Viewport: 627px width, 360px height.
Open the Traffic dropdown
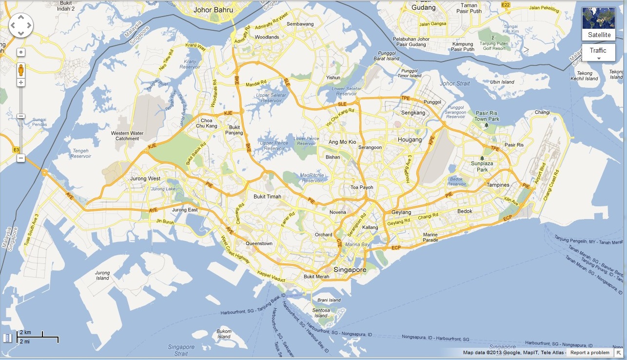tap(598, 52)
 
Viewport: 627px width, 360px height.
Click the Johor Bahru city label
tap(213, 9)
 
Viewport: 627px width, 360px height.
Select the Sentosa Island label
tap(321, 312)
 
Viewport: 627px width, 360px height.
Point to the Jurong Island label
tap(102, 275)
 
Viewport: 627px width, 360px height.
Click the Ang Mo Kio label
tap(342, 142)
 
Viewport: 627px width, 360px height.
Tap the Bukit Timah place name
tap(267, 197)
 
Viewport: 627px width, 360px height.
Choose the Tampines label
tap(498, 185)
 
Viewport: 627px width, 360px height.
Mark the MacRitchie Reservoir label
tap(313, 178)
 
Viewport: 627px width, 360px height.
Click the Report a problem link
tap(589, 353)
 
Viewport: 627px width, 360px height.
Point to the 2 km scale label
tap(25, 332)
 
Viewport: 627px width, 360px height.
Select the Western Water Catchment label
tap(127, 136)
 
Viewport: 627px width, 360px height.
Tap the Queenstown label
tap(259, 243)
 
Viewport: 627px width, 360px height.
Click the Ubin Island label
tap(502, 82)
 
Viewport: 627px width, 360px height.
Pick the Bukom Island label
tap(224, 334)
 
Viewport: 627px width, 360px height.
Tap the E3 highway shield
tap(16, 149)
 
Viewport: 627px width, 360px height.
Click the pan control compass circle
tap(21, 25)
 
